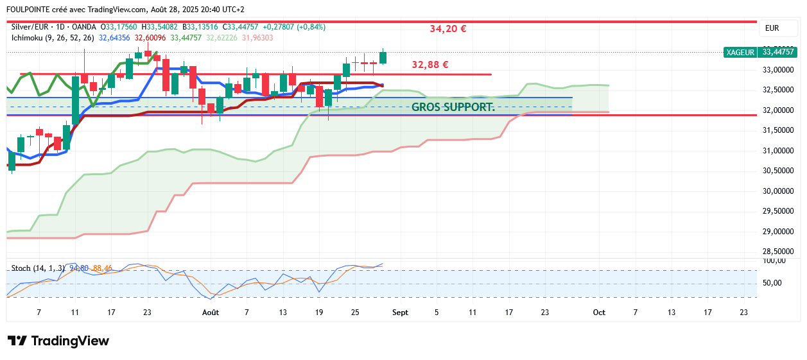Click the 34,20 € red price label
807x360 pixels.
[x=447, y=29]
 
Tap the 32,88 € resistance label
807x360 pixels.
[x=430, y=65]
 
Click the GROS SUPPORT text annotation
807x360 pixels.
[x=453, y=107]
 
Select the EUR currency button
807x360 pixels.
[x=772, y=28]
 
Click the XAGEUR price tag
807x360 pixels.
[x=740, y=53]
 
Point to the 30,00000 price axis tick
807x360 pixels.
[x=777, y=191]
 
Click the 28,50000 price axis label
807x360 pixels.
[x=777, y=252]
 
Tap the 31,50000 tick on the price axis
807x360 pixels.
[x=777, y=130]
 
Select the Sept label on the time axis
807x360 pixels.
[x=400, y=313]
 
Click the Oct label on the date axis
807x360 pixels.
[x=599, y=313]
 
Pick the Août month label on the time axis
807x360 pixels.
[x=211, y=313]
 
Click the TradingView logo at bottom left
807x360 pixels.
[x=58, y=341]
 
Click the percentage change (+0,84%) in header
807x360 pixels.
[x=308, y=27]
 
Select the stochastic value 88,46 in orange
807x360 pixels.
[x=102, y=268]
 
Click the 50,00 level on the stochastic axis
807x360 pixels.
[x=772, y=283]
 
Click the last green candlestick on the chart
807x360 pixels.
[x=383, y=57]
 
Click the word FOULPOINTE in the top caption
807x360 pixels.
[x=28, y=10]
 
